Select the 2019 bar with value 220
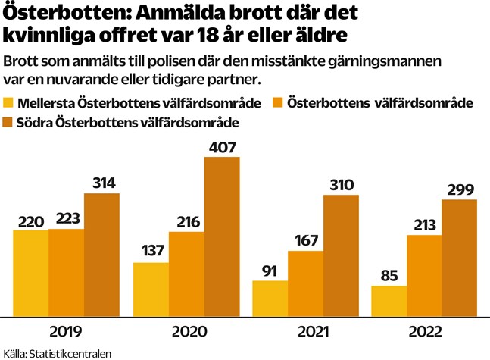(30, 273)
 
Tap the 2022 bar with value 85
(389, 301)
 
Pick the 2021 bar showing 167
(304, 283)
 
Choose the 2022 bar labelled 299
(459, 258)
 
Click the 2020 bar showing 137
(151, 289)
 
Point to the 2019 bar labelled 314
(101, 255)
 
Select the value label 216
(186, 222)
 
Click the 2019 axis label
(66, 332)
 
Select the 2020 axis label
(186, 332)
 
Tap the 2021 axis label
(304, 332)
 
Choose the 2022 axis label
(424, 332)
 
